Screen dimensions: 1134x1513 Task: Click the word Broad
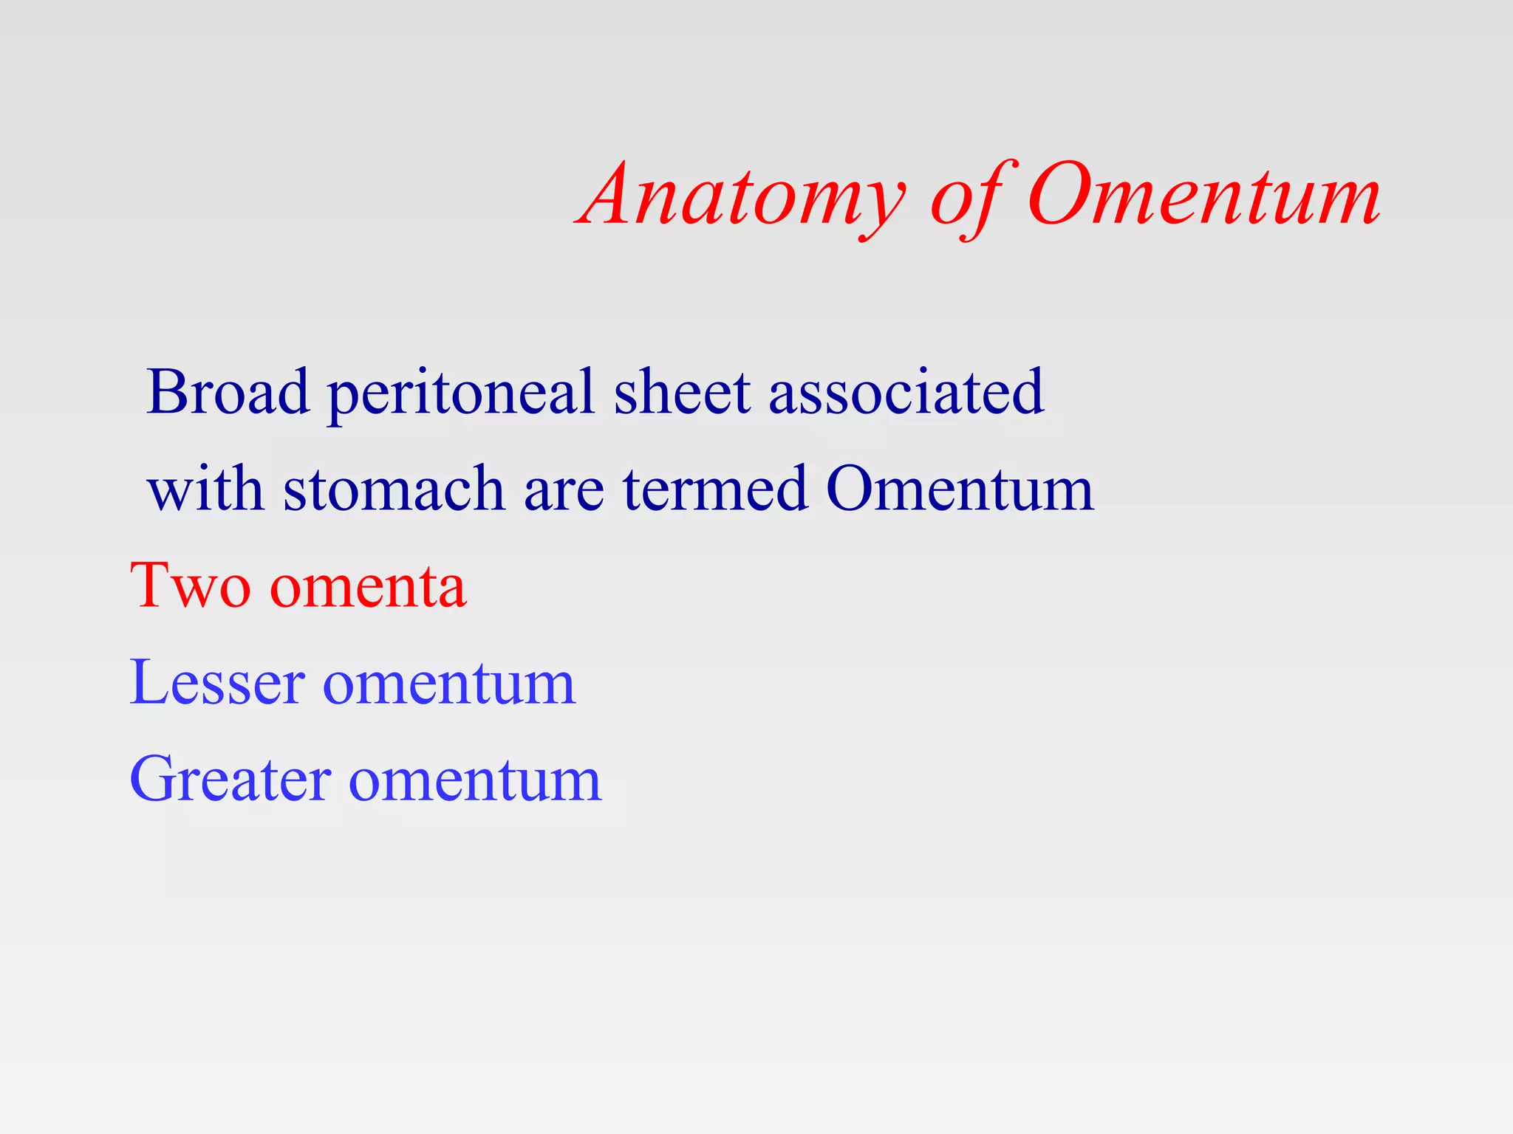tap(228, 391)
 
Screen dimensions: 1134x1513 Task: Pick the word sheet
tap(682, 391)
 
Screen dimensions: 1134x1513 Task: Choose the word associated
tap(906, 391)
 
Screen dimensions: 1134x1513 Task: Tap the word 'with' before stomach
tap(205, 488)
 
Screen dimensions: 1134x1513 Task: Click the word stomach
tap(394, 488)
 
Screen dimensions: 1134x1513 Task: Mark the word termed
tap(715, 488)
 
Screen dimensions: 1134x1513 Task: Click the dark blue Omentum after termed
tap(960, 488)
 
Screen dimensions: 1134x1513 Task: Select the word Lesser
tap(217, 682)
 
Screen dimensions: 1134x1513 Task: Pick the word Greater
tap(230, 780)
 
